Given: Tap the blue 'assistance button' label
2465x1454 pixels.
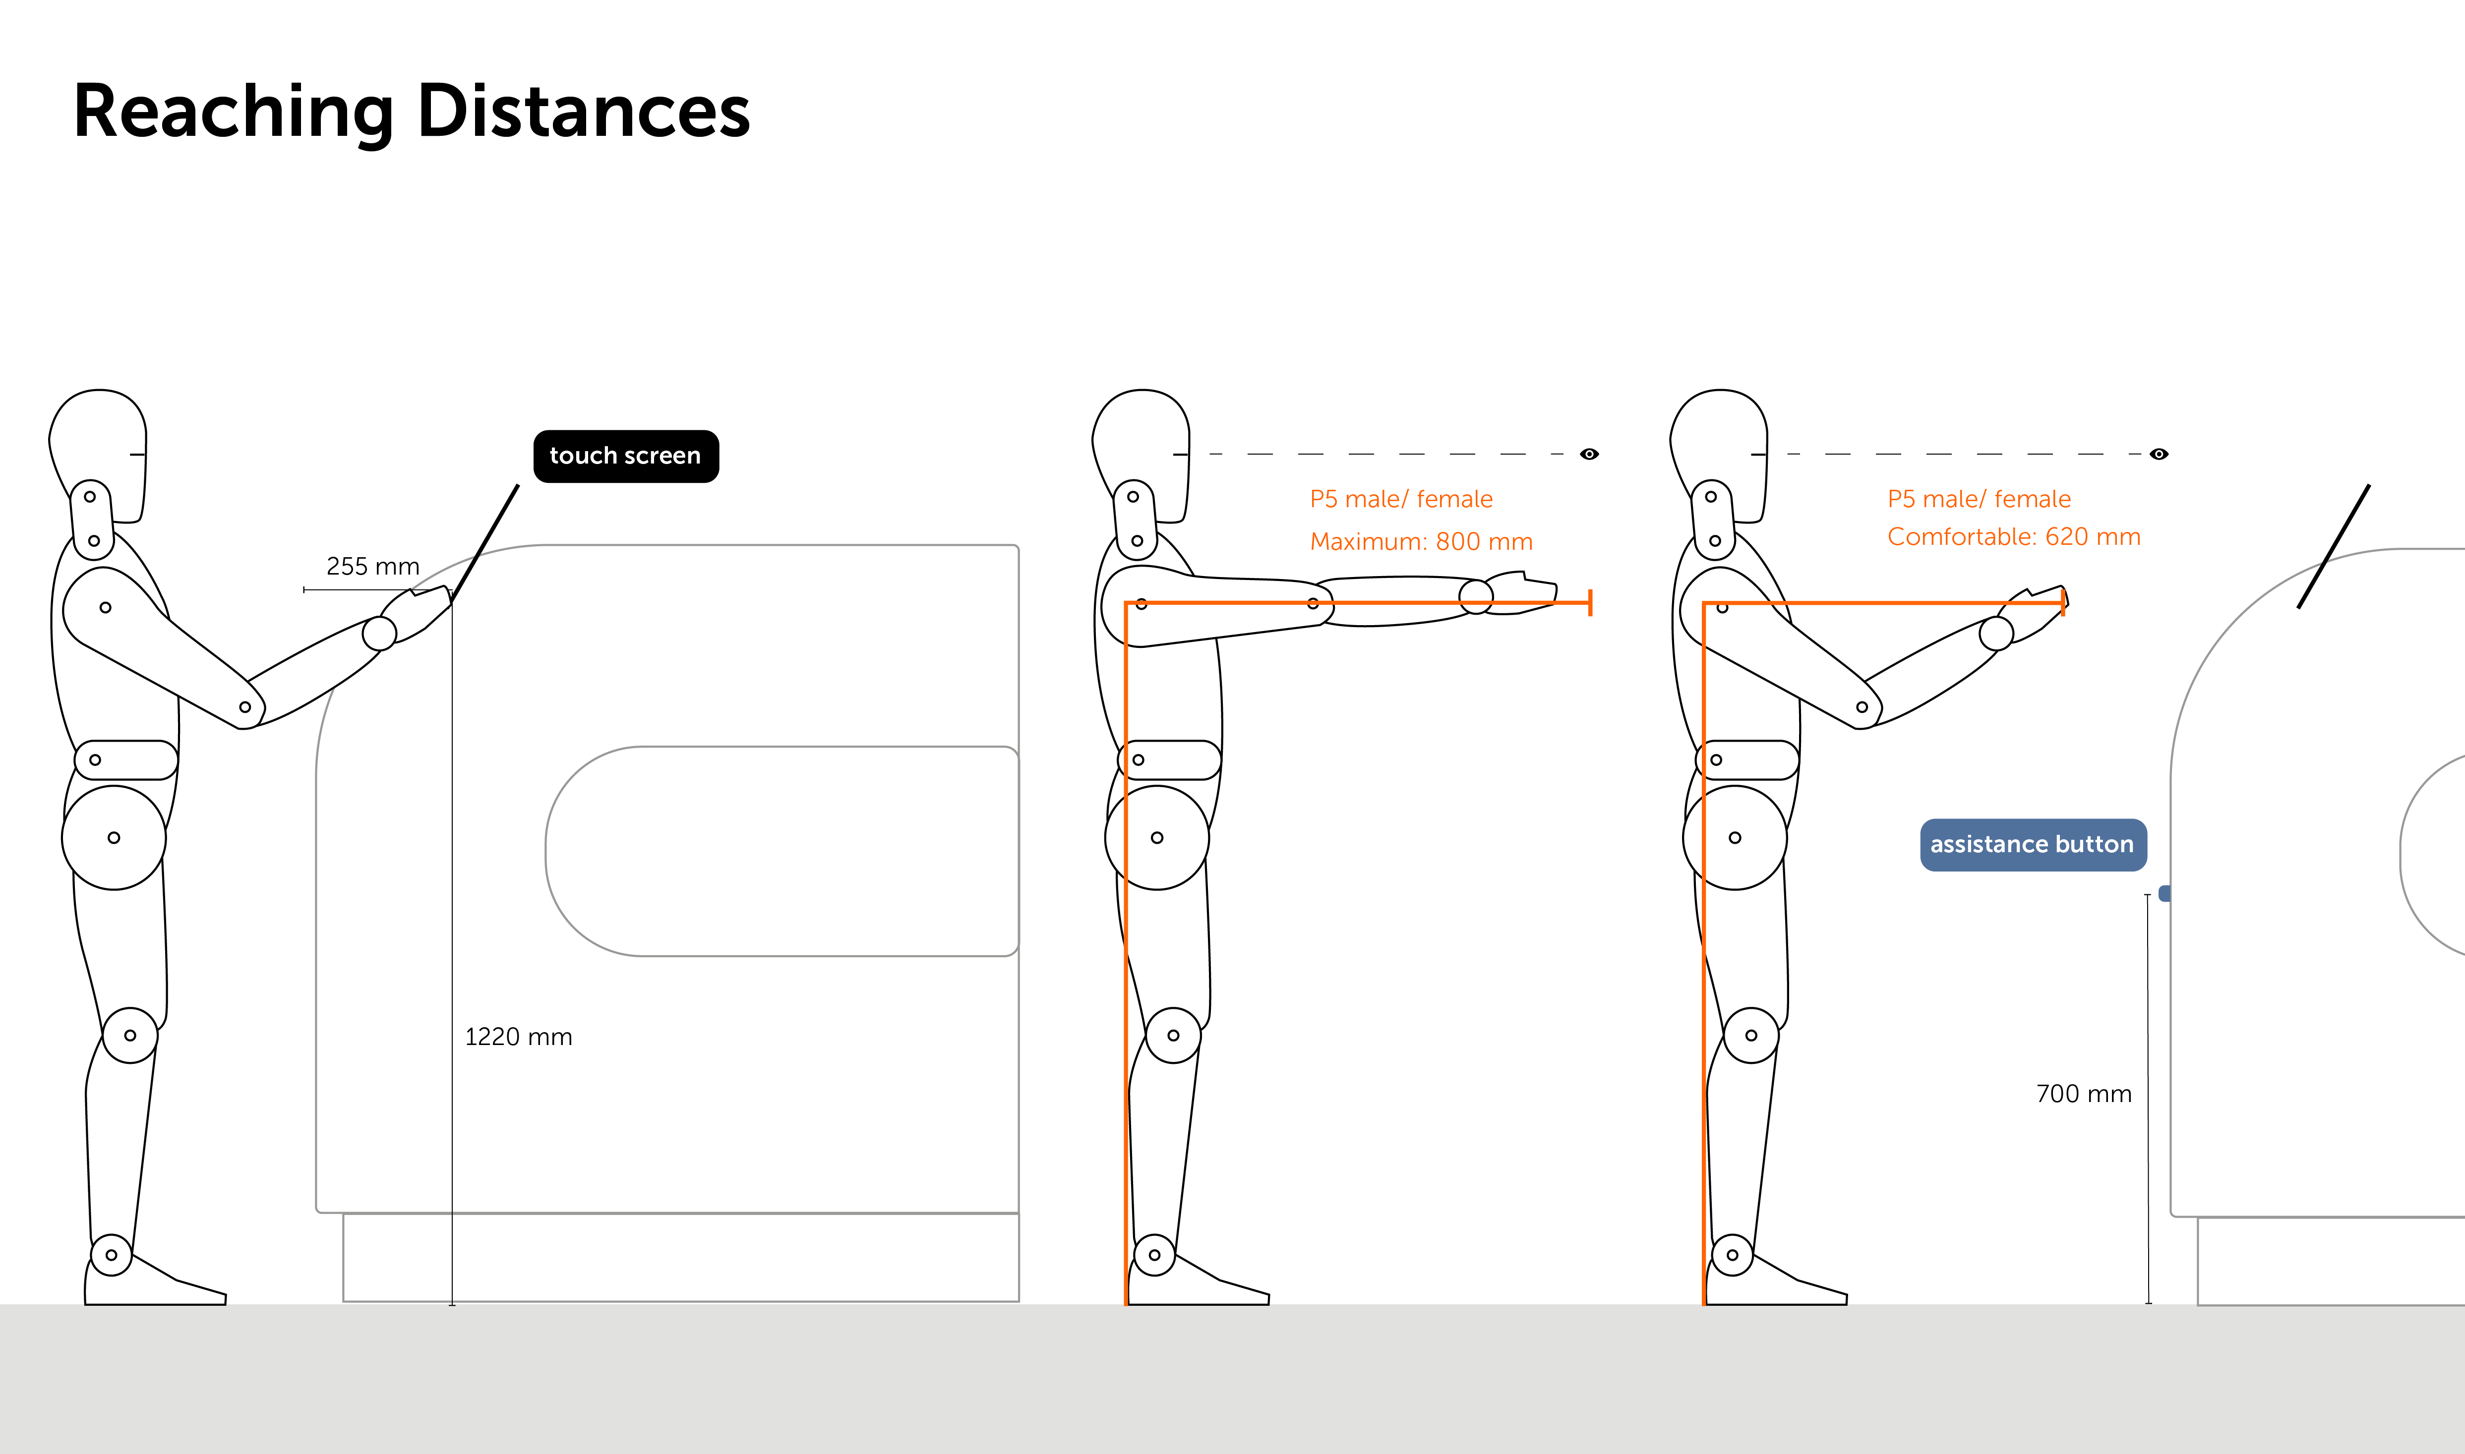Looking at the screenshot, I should pos(2032,845).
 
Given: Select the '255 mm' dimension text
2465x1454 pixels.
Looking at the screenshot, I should pos(372,566).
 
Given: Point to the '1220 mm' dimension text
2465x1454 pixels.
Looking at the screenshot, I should pos(518,1037).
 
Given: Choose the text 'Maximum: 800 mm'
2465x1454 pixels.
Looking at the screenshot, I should pos(1421,542).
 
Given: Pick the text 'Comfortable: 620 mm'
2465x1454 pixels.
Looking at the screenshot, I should pos(2013,537).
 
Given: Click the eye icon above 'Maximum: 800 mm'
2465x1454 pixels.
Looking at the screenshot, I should pos(1589,454).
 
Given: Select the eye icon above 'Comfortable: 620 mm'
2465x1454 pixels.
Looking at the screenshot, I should pos(2159,454).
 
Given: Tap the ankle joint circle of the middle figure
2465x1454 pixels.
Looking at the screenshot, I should pos(1154,1255).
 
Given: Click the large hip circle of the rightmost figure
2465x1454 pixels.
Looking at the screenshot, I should pos(1734,838).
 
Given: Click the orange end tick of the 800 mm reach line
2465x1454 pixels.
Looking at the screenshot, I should pos(1589,602).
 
